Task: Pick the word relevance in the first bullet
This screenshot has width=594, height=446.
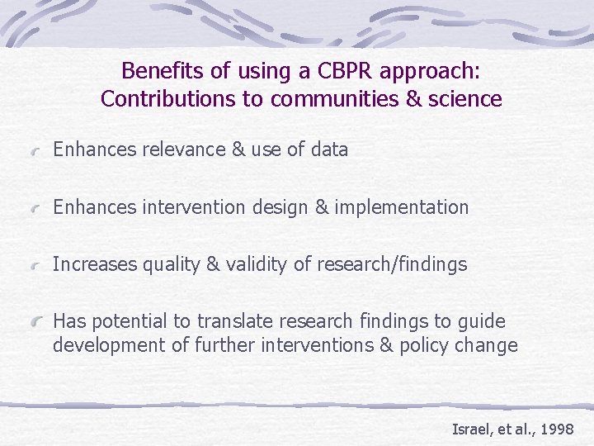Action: click(x=184, y=149)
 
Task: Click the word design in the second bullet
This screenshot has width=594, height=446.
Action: click(x=280, y=207)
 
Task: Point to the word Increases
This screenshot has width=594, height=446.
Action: click(x=93, y=265)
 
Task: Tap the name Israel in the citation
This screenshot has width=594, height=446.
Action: click(x=469, y=429)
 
